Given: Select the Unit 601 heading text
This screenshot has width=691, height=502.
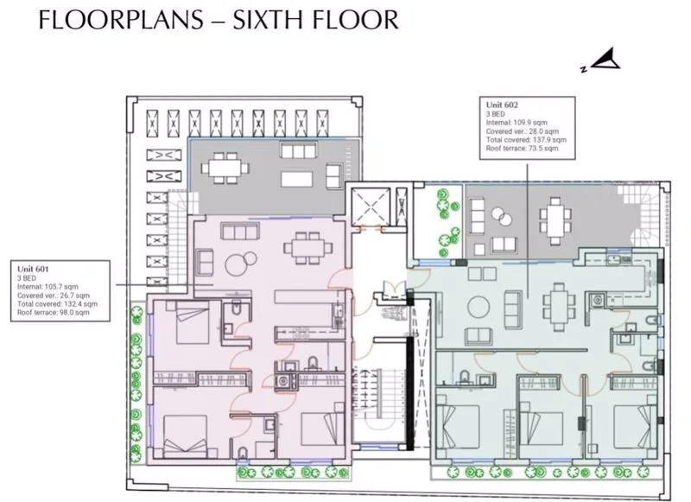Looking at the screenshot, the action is pyautogui.click(x=33, y=269).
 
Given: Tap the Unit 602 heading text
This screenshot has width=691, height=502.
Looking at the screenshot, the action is pyautogui.click(x=502, y=105).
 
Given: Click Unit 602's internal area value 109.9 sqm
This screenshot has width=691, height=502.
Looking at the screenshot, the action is pyautogui.click(x=530, y=123).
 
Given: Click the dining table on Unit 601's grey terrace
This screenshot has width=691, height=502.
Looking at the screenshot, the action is pyautogui.click(x=225, y=168).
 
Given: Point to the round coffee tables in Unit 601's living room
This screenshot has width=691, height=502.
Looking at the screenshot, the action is pyautogui.click(x=241, y=263).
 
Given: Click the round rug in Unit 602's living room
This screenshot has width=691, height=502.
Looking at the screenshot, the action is pyautogui.click(x=479, y=307).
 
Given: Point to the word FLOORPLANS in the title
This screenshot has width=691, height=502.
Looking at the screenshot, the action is pyautogui.click(x=121, y=20).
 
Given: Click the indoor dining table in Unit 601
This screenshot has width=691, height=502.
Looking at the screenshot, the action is pyautogui.click(x=308, y=248).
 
